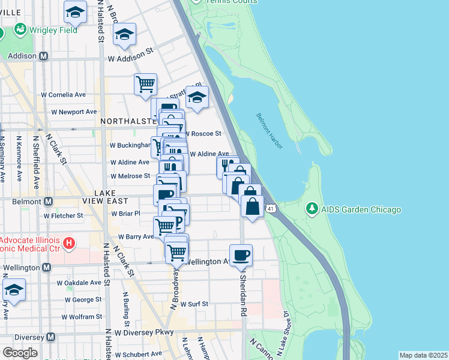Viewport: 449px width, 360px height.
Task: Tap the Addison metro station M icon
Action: [x=43, y=56]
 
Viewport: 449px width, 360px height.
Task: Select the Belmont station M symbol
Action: [x=49, y=202]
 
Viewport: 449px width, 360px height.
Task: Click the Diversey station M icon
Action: [x=51, y=337]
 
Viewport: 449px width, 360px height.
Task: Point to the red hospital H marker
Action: [x=69, y=243]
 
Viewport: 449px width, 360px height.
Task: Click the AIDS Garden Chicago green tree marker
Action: [x=312, y=209]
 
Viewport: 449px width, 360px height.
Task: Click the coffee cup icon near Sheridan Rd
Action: [x=241, y=255]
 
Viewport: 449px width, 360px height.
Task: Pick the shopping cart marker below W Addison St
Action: [x=145, y=85]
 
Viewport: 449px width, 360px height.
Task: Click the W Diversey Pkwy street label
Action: [x=144, y=332]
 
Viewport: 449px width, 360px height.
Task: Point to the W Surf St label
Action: [x=193, y=304]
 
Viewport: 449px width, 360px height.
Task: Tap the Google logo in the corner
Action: [x=20, y=352]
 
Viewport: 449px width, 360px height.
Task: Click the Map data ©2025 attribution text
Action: [x=423, y=355]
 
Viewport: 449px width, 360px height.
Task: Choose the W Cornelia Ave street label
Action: [x=64, y=94]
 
